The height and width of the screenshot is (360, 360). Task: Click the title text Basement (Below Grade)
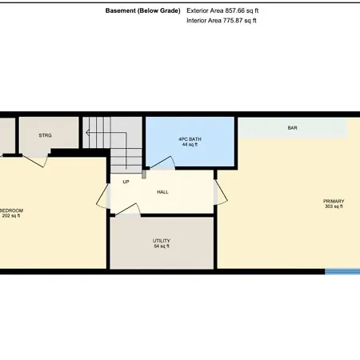tap(143, 11)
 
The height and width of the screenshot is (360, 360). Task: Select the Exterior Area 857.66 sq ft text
tap(222, 10)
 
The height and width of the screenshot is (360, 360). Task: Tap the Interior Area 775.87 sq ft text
tap(222, 21)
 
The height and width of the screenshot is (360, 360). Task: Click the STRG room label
tap(45, 135)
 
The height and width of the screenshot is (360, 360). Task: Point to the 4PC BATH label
tap(190, 139)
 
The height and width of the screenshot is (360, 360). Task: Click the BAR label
tap(292, 128)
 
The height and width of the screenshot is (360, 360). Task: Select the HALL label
tap(162, 192)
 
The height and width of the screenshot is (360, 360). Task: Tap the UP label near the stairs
tap(126, 182)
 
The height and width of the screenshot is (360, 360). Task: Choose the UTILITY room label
tap(162, 241)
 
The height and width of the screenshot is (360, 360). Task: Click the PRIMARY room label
tap(334, 201)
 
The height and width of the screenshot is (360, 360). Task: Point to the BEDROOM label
tap(11, 210)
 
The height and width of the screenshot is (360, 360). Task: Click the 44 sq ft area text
tap(190, 145)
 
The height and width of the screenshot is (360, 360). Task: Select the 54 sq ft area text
tap(162, 246)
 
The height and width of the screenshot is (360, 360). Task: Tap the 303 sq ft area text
tap(334, 206)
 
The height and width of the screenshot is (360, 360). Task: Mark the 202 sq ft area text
tap(11, 216)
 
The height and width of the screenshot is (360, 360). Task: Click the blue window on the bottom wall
tap(342, 272)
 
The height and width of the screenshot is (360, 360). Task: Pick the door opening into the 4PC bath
tap(162, 162)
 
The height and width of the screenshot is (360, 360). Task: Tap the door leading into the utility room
tap(126, 210)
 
